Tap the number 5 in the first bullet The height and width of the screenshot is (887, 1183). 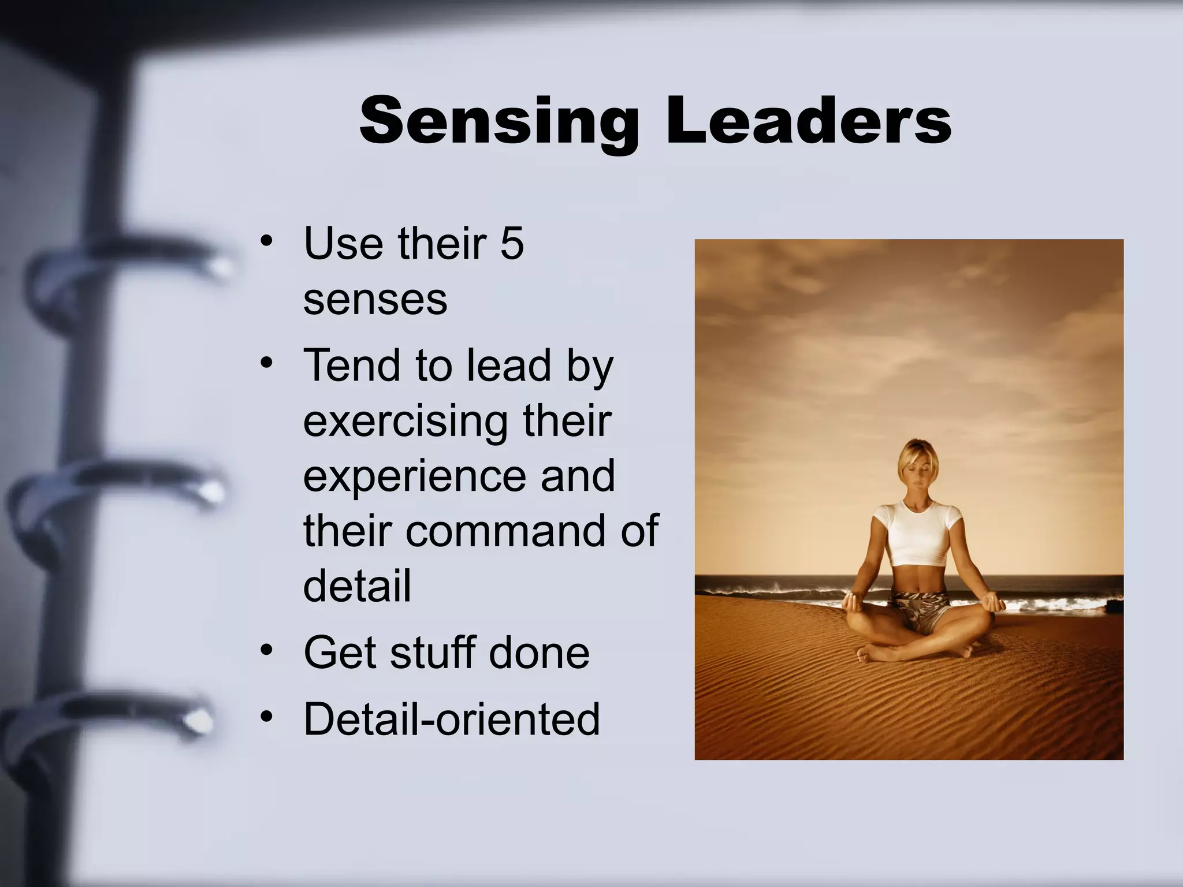(512, 244)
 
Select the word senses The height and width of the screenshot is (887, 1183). (375, 300)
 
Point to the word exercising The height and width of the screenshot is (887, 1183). (405, 422)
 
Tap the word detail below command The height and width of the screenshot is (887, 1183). (357, 586)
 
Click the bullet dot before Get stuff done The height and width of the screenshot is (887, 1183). (266, 651)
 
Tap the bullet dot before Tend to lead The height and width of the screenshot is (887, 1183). (266, 364)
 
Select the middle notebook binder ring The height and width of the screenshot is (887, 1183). (121, 491)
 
